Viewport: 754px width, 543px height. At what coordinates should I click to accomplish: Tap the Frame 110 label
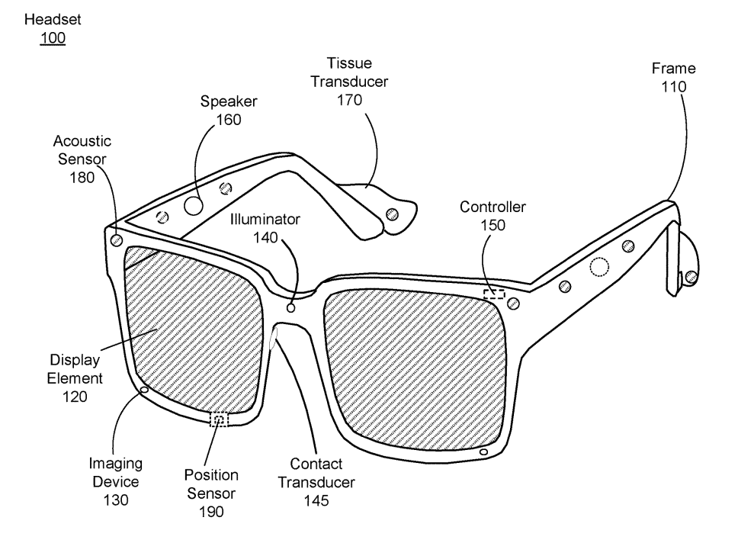(673, 78)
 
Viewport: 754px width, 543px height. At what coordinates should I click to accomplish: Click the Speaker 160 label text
(227, 110)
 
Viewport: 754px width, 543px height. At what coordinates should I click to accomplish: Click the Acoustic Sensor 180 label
(82, 159)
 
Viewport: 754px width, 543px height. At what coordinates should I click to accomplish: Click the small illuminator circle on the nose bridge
(290, 307)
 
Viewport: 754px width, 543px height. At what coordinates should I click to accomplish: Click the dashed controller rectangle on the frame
(494, 294)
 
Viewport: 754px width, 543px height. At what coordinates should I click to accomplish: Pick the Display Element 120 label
(75, 377)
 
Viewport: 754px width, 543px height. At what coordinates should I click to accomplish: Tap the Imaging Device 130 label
(116, 481)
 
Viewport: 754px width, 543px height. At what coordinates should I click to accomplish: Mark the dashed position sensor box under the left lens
(219, 419)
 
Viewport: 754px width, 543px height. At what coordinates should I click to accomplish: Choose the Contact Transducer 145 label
(316, 481)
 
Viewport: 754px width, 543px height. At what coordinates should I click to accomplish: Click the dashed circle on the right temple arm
(600, 266)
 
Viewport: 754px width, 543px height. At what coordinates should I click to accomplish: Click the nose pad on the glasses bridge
(273, 340)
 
